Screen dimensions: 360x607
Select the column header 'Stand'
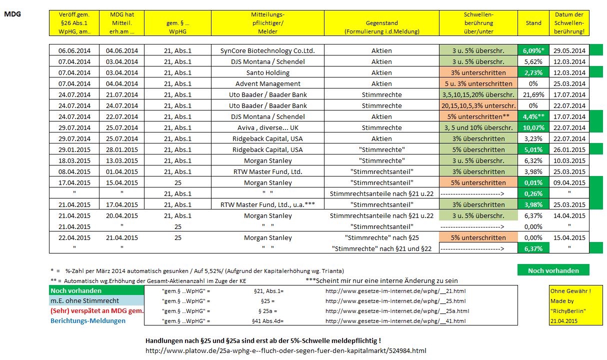click(533, 23)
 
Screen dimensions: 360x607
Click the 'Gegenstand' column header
click(381, 23)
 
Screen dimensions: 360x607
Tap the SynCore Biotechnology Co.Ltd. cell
click(268, 50)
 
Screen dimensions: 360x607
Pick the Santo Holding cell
click(268, 72)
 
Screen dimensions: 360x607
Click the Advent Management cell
click(268, 83)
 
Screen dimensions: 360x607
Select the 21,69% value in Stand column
click(533, 94)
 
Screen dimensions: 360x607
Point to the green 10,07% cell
click(533, 127)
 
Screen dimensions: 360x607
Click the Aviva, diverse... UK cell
click(268, 127)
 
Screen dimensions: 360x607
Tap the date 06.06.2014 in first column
click(74, 50)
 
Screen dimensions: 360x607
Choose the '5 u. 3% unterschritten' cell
click(478, 83)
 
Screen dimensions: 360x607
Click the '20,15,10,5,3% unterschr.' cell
click(478, 105)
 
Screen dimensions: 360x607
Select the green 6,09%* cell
click(533, 50)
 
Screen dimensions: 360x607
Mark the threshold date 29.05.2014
click(569, 50)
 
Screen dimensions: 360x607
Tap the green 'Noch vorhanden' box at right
click(553, 270)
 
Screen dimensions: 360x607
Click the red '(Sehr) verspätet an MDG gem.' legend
click(97, 311)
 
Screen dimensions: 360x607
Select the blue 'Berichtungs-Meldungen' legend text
click(87, 320)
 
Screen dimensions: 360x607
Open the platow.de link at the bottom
click(285, 350)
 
